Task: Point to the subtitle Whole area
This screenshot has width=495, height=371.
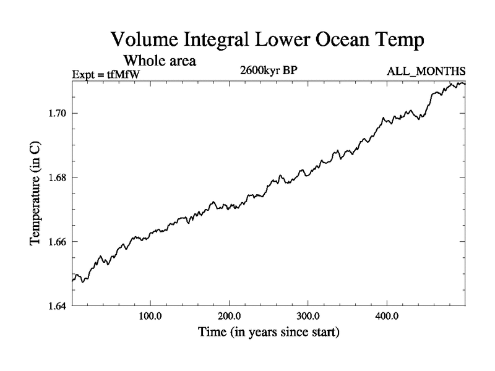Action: (x=160, y=61)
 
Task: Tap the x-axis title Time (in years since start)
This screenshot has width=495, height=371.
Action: (x=269, y=332)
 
